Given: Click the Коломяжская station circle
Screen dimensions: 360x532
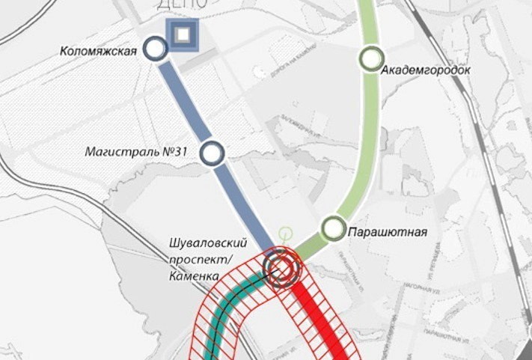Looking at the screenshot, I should point(156,50).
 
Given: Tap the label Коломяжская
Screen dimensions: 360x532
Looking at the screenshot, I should point(99,51).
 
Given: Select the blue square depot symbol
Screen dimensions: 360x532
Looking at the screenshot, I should point(183,35).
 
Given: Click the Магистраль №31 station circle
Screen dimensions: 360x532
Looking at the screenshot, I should point(213,153).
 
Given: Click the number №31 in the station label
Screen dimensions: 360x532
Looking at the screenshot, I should point(174,152).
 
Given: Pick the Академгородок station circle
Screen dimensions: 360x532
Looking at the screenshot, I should point(372,58).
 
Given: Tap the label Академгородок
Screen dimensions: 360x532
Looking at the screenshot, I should point(425,70).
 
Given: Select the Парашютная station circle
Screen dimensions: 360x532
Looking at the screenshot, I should point(333,228).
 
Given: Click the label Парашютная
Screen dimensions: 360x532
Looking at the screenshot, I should point(387,232).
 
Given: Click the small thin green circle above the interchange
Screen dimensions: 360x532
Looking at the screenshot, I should point(284,233).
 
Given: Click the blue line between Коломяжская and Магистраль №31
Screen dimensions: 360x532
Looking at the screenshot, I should point(184,101).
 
